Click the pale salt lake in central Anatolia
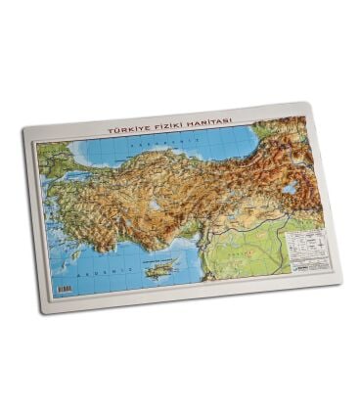coord(155,206)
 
